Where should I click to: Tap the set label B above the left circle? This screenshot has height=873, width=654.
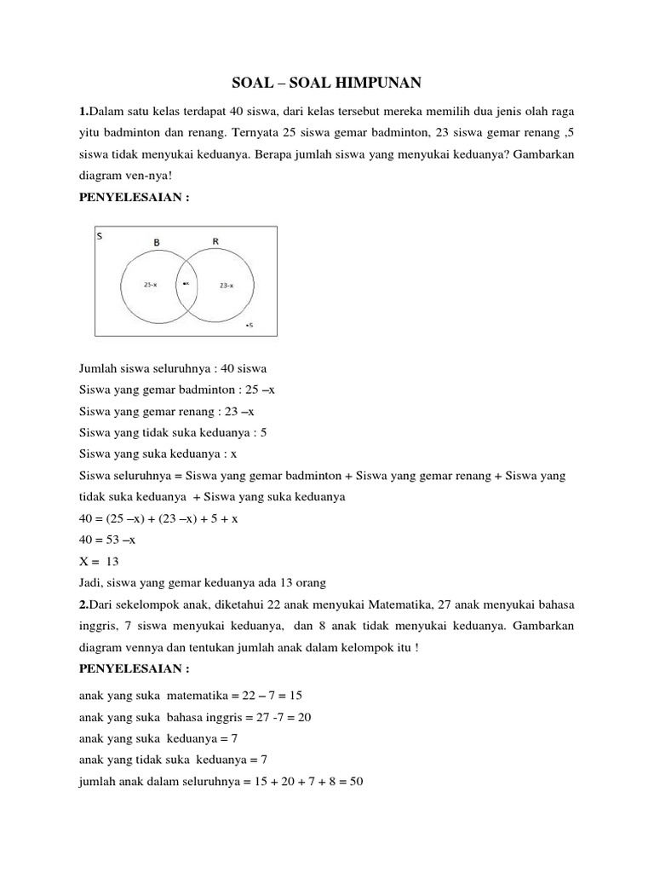point(156,243)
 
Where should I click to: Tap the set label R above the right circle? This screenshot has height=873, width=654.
point(215,241)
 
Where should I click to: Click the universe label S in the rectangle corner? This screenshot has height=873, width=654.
point(100,236)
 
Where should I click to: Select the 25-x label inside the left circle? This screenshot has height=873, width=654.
point(150,286)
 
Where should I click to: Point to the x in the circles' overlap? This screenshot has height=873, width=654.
point(186,283)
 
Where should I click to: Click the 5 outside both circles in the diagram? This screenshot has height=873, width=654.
point(250,325)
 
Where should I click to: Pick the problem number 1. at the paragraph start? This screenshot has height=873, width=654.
point(83,113)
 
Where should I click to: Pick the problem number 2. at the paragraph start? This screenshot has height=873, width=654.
point(83,604)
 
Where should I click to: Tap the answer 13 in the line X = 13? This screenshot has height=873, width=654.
point(112,561)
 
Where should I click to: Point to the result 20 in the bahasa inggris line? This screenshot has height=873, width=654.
point(302,717)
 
